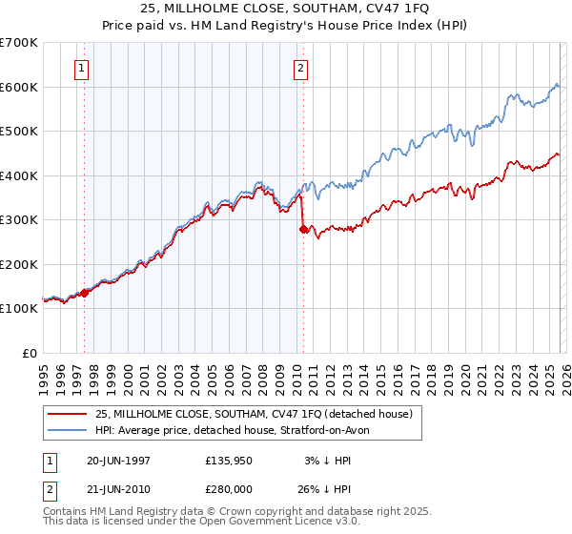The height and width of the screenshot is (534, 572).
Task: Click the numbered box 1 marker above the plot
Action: (83, 68)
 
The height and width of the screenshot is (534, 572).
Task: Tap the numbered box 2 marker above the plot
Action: (300, 68)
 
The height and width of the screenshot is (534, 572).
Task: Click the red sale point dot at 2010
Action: (303, 229)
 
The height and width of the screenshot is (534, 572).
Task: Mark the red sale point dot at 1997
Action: (85, 293)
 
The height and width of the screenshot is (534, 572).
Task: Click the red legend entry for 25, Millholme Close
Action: (253, 414)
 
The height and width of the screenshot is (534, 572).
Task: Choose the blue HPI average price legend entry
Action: (237, 430)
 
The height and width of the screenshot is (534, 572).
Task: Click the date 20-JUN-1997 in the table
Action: (118, 461)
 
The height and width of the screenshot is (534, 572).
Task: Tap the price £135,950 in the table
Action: (230, 461)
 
